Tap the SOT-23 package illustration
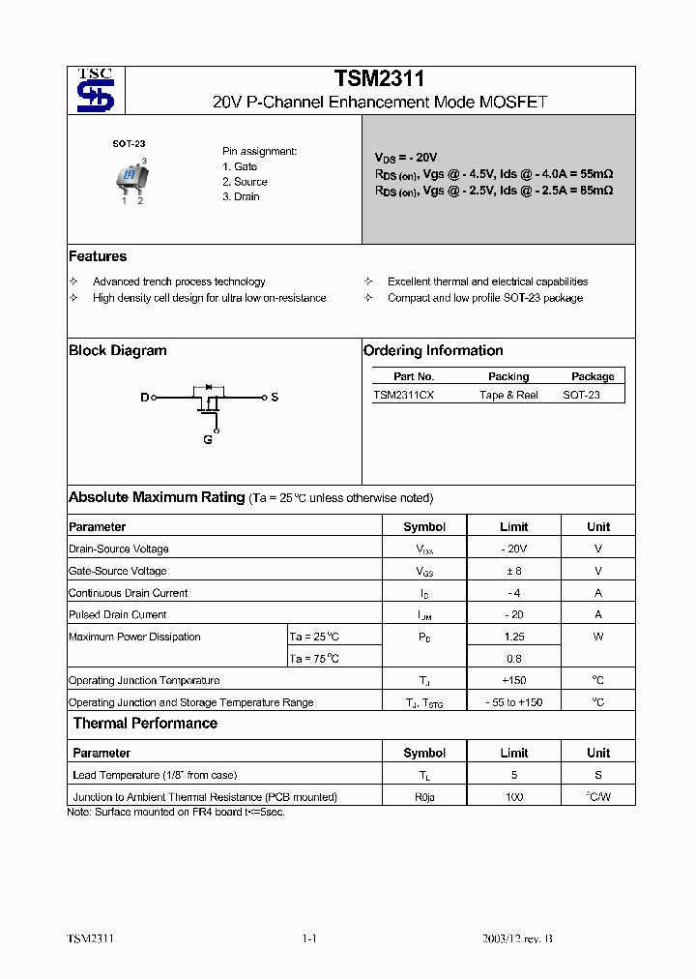tap(129, 177)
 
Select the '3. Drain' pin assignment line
tap(241, 196)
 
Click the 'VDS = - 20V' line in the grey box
tap(406, 157)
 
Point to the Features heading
tap(98, 256)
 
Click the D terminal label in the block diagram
tap(145, 398)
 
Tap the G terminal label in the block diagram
tap(207, 440)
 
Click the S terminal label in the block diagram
tap(275, 398)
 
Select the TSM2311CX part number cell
tap(404, 395)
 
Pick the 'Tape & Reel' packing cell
tap(508, 395)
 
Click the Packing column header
tap(508, 376)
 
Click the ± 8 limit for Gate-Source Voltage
tap(513, 571)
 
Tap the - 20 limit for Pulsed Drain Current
tap(513, 614)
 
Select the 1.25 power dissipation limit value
tap(513, 637)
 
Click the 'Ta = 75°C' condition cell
tap(315, 659)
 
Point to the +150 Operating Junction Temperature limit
tap(513, 681)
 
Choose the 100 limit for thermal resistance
tap(513, 797)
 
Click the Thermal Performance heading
tap(145, 724)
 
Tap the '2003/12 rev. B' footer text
tap(518, 939)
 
